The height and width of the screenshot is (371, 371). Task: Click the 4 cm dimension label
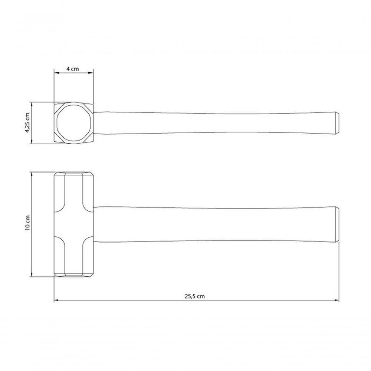(72, 69)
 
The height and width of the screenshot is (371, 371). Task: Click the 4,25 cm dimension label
(27, 122)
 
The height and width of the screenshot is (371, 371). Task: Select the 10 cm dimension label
(27, 223)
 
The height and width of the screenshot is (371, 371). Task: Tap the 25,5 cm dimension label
(194, 296)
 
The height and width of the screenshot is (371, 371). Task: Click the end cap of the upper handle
(337, 123)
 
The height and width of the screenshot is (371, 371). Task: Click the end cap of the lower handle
(338, 224)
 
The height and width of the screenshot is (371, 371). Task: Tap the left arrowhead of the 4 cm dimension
(56, 73)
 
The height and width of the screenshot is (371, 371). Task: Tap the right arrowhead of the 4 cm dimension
(91, 73)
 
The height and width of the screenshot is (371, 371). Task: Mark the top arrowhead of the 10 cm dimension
(31, 175)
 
